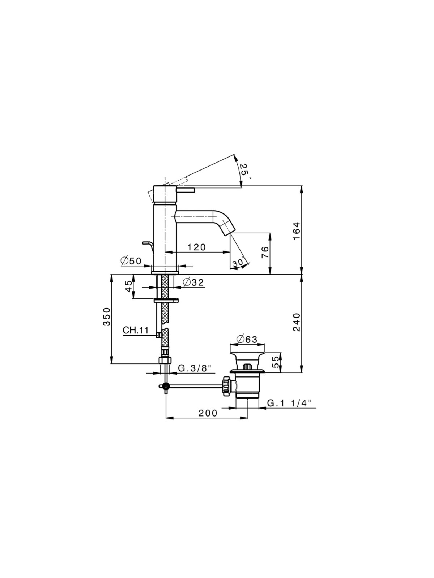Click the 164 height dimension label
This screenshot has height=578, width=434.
coord(297,231)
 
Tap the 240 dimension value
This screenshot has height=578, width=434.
coord(297,322)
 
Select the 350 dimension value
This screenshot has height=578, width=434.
coord(106,317)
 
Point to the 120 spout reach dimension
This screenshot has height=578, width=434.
coord(197,247)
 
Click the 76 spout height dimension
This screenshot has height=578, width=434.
coord(265,252)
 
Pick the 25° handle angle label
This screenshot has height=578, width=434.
coord(245,171)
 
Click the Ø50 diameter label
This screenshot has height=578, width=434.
coord(131,261)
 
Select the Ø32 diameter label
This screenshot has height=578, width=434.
coord(193,282)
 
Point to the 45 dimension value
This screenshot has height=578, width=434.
coord(128,286)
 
